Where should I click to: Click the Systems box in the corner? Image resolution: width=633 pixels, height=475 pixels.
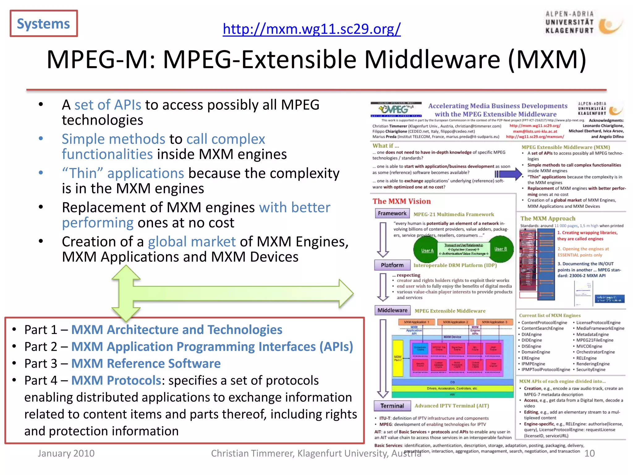click(44, 24)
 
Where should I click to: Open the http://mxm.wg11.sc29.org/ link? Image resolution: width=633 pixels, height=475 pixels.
click(312, 29)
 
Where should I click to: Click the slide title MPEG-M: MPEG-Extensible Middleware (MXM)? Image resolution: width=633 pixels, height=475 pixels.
click(316, 59)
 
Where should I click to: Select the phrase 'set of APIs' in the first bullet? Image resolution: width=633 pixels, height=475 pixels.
click(108, 105)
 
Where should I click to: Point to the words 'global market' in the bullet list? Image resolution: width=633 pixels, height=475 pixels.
click(192, 242)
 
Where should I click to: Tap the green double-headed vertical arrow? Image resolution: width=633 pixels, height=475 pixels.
click(126, 293)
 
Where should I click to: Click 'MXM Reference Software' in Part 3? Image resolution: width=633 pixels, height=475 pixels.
click(146, 363)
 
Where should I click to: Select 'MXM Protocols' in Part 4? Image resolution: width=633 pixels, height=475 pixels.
click(116, 380)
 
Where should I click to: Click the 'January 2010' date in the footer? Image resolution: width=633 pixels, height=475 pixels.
click(66, 453)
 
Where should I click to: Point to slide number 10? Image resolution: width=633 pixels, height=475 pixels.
click(589, 453)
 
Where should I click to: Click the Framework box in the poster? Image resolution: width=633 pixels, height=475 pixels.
click(392, 213)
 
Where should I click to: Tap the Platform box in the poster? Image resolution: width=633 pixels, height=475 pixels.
click(392, 265)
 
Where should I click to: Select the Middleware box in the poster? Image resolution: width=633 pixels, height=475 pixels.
click(392, 310)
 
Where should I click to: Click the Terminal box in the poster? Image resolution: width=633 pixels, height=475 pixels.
click(392, 406)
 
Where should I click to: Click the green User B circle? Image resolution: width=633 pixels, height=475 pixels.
click(500, 249)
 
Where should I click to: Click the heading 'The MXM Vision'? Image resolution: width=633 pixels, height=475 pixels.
click(401, 201)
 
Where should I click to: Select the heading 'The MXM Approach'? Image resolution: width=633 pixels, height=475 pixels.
click(548, 218)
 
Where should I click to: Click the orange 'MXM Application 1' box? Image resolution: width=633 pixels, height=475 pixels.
click(416, 322)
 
